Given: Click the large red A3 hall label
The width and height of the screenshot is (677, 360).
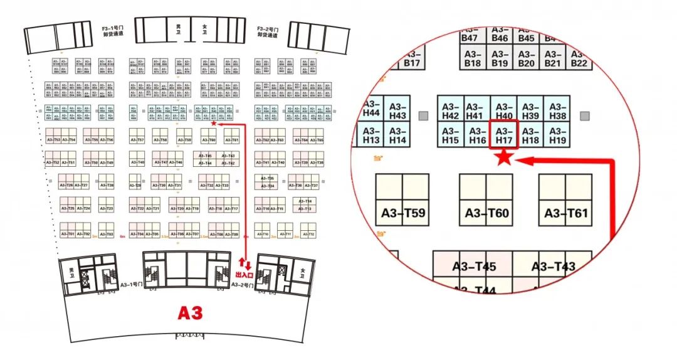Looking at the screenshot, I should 190,313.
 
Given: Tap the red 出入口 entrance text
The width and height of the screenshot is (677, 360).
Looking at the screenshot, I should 244,275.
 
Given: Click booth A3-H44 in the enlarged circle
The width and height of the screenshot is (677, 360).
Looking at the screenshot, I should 372,108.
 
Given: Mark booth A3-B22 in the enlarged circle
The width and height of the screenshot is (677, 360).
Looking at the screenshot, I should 579,58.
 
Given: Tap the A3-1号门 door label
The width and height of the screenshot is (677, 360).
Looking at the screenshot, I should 130,284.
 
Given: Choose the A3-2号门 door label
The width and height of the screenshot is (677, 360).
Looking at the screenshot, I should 242,285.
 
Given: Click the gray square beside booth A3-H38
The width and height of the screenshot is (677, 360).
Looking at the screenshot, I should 585,115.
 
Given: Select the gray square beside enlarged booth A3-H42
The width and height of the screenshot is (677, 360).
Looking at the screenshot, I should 424,115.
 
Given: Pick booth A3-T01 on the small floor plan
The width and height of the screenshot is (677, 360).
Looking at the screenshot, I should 68,234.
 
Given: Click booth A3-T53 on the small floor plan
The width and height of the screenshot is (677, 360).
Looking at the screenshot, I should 53,140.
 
